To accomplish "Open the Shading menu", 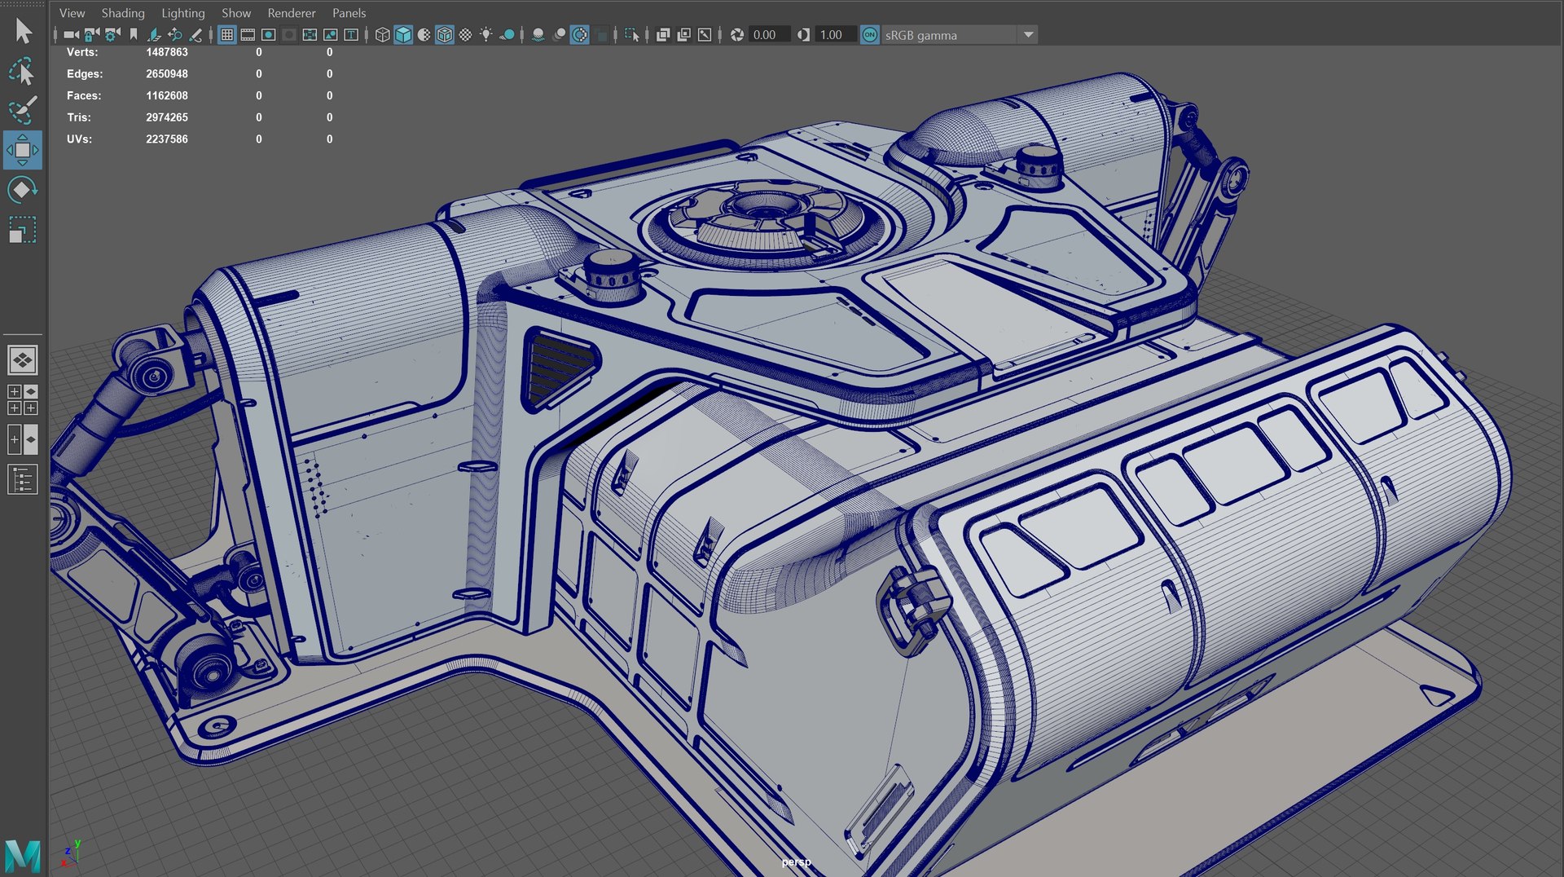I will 122,13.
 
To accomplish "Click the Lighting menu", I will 182,13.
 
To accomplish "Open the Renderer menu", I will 291,13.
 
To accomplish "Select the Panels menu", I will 349,13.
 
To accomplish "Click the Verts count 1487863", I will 166,52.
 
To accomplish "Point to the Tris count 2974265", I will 166,117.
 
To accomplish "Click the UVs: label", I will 79,139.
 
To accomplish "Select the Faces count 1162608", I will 166,95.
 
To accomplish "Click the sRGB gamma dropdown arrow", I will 1028,34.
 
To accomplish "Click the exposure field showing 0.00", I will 766,34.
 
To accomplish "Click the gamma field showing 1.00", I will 832,34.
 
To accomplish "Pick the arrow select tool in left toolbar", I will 23,31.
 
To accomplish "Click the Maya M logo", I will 22,856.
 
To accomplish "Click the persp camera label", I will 796,862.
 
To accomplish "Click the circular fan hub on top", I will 763,204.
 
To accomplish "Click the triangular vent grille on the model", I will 559,367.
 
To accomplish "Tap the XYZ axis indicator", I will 70,854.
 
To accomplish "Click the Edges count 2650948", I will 166,74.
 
